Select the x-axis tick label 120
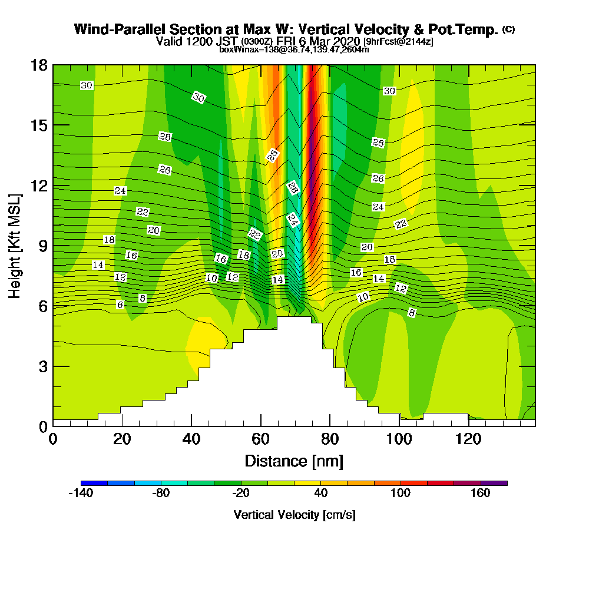tap(469, 439)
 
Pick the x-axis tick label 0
tap(53, 439)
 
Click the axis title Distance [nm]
tap(294, 461)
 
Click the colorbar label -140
tap(81, 494)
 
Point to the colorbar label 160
tap(481, 494)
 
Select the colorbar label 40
tap(321, 494)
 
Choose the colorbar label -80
tap(161, 494)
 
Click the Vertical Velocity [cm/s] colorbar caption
tap(294, 515)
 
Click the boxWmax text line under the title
tap(294, 49)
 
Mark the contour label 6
tap(120, 305)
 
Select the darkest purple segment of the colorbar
tap(494, 483)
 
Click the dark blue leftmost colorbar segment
tap(94, 483)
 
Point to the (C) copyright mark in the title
tap(508, 29)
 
